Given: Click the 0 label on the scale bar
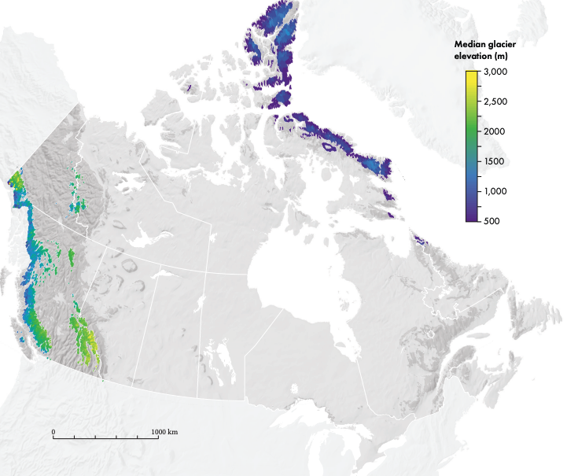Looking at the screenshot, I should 53,432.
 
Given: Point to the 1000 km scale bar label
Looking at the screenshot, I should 164,432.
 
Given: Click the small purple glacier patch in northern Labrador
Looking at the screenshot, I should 419,239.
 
